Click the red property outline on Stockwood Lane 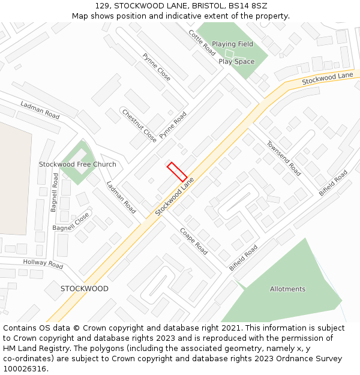click(x=176, y=172)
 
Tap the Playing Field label click(x=232, y=44)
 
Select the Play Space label click(x=236, y=61)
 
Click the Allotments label click(x=287, y=289)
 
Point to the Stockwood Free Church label click(x=77, y=164)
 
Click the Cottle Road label click(x=202, y=43)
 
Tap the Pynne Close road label click(x=157, y=67)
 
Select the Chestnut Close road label click(x=139, y=125)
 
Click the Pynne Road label click(x=173, y=125)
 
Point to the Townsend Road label click(x=284, y=158)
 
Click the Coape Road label click(x=193, y=241)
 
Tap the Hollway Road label click(x=43, y=263)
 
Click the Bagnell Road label click(x=54, y=192)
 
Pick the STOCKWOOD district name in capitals click(x=85, y=289)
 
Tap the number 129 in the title click(x=101, y=5)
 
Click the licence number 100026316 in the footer click(x=25, y=368)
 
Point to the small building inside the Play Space click(x=228, y=54)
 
